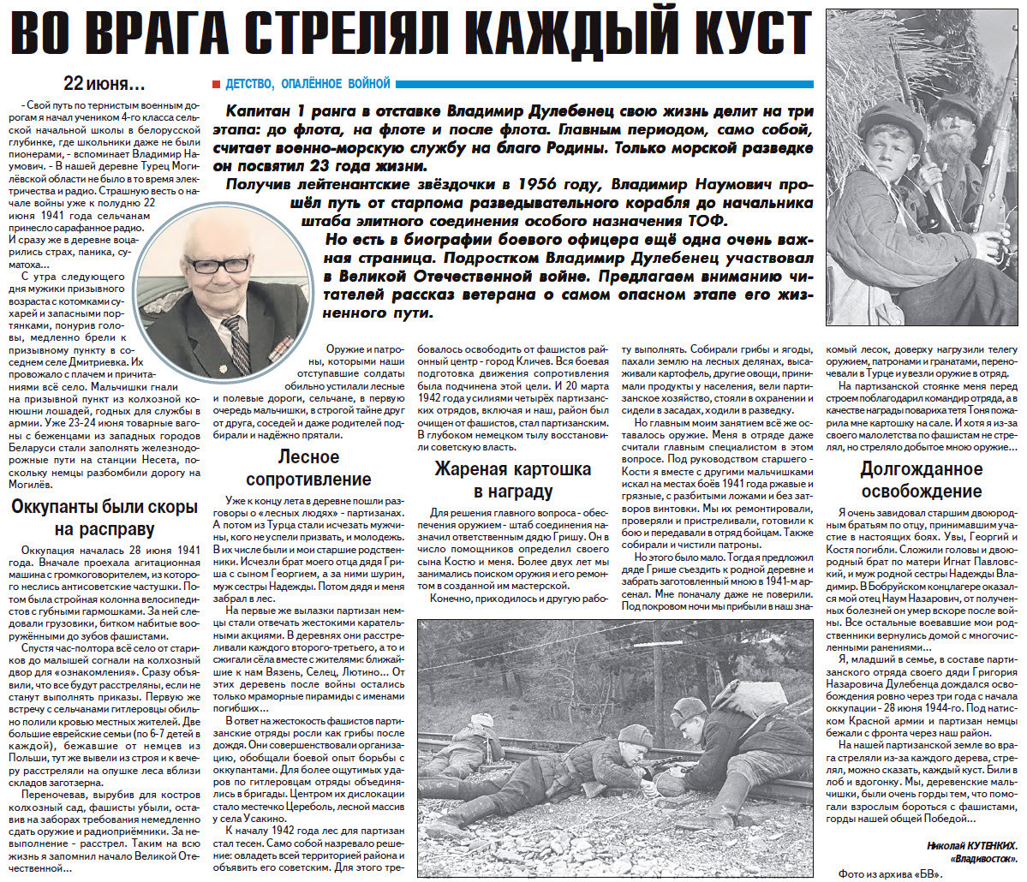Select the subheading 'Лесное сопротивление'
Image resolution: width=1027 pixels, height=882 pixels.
coord(309,468)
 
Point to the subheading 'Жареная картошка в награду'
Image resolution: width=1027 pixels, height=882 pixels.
coord(512,480)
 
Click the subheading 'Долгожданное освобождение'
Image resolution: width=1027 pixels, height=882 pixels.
coord(921,480)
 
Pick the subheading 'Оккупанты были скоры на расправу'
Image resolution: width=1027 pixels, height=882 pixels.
coord(104,517)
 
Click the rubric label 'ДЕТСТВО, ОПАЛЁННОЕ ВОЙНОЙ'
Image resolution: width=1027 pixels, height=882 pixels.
coord(308,84)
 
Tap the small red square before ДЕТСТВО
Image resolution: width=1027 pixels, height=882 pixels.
coord(217,84)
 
